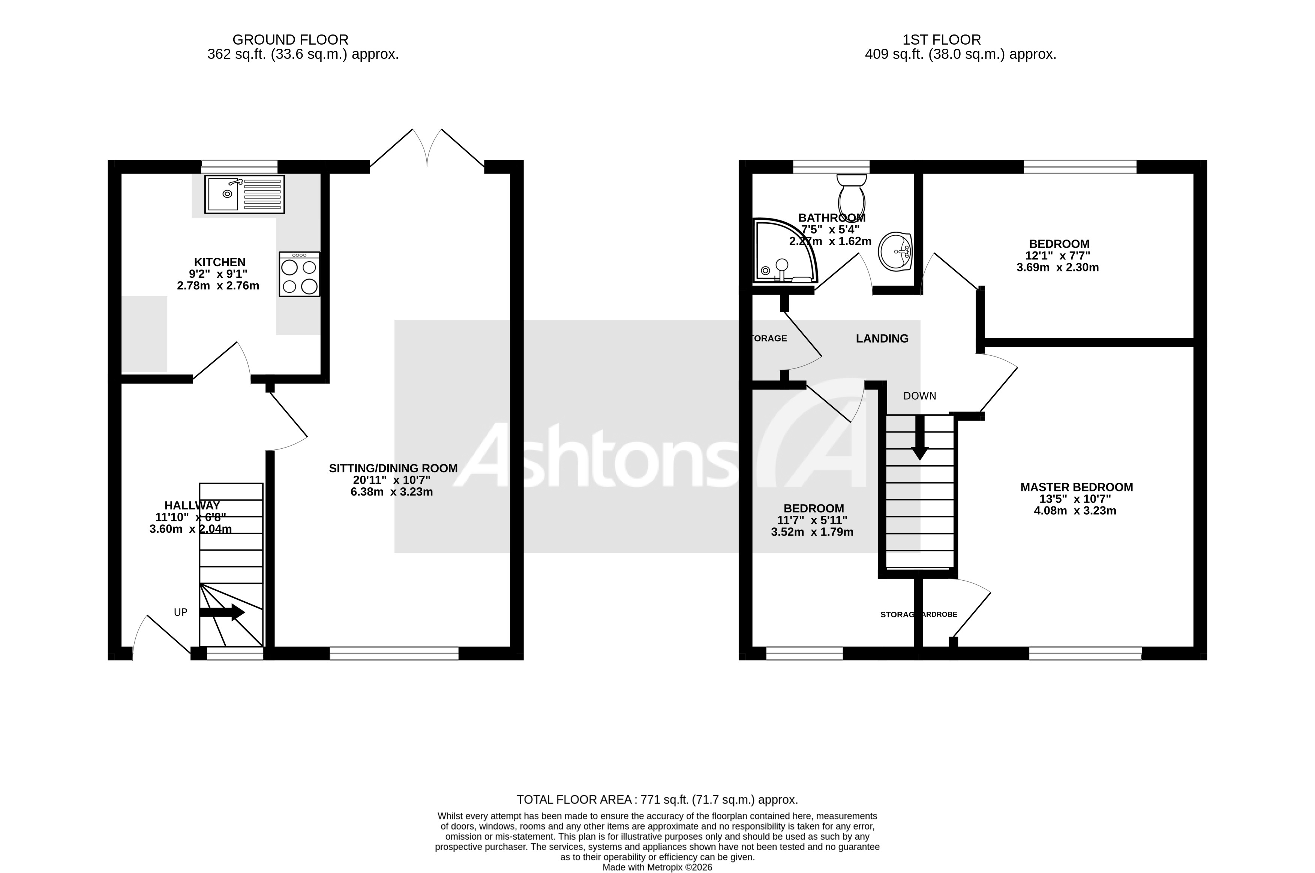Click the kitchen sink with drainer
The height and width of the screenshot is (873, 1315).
244,194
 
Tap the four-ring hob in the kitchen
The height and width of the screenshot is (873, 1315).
300,274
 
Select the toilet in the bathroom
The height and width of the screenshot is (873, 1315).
851,192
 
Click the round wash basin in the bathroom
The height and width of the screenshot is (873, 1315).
895,252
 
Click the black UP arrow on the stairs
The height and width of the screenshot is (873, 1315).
222,612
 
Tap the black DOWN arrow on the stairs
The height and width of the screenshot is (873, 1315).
919,438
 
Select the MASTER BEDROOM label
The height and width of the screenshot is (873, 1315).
1076,487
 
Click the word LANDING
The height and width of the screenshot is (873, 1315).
882,338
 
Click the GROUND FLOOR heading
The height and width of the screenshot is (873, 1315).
290,40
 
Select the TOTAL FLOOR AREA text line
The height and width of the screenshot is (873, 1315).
657,800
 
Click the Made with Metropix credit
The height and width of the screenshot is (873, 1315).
657,867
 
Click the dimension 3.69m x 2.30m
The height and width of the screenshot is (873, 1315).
1057,267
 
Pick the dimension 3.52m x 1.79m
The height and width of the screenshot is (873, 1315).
812,532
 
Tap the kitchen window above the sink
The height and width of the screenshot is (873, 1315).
239,166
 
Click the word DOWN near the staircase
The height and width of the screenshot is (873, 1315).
919,396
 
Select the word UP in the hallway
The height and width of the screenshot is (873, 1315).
180,612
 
